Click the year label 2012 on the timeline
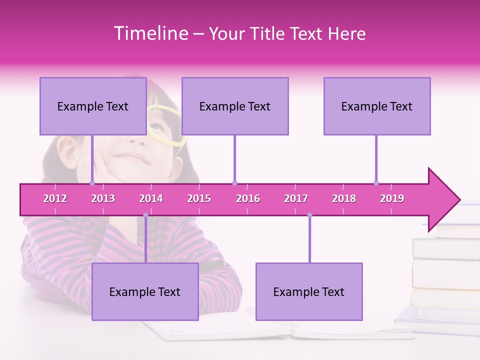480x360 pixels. [x=55, y=198]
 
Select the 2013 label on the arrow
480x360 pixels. [x=103, y=198]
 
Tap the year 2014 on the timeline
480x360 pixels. [x=151, y=198]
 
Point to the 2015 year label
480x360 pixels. [x=199, y=198]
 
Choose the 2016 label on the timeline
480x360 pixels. [x=248, y=198]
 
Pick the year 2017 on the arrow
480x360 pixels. [x=296, y=198]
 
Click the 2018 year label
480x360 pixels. [x=344, y=198]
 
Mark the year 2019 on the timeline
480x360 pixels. [x=392, y=198]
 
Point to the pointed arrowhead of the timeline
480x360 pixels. [x=445, y=199]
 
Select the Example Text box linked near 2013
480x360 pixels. [x=92, y=106]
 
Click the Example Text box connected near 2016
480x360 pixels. [x=234, y=106]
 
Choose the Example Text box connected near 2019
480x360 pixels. [x=376, y=106]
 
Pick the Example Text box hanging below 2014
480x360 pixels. [x=145, y=291]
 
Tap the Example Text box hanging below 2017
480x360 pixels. [x=308, y=291]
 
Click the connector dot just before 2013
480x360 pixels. [x=92, y=183]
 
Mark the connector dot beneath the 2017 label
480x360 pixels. [x=309, y=215]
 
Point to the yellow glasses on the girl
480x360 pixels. [x=165, y=125]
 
